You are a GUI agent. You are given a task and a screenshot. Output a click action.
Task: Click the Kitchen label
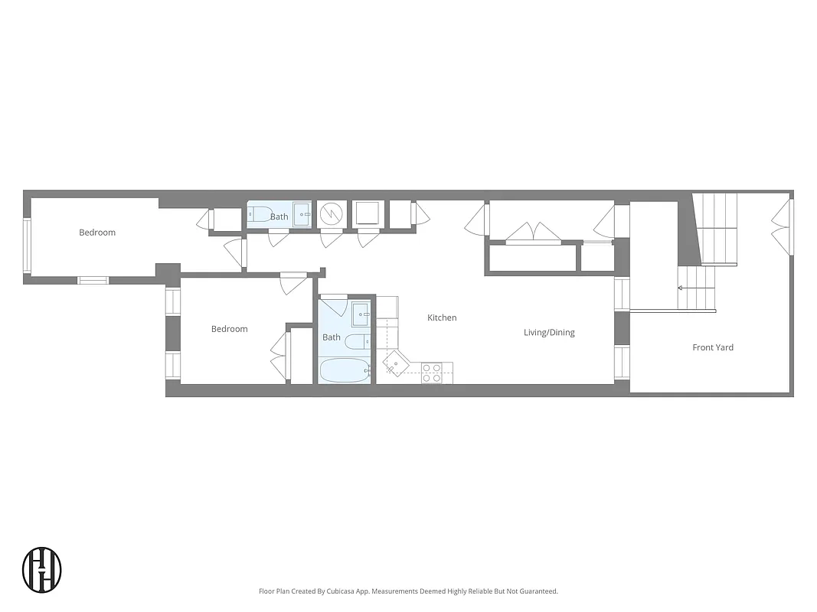(x=442, y=317)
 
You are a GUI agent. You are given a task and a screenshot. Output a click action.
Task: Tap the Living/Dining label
(x=549, y=333)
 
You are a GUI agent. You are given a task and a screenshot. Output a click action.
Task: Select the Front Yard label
(x=713, y=347)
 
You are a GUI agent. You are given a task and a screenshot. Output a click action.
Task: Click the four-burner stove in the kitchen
(x=432, y=373)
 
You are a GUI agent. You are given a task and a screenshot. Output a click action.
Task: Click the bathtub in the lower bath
(x=344, y=372)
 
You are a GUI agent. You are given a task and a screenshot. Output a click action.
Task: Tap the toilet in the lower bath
(x=356, y=341)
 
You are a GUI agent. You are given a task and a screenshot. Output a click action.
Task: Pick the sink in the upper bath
(x=302, y=215)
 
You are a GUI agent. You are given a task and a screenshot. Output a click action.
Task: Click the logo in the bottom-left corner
(x=42, y=569)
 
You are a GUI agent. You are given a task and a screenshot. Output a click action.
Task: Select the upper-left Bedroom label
(x=97, y=233)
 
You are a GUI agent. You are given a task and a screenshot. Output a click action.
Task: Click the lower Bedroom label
(x=230, y=329)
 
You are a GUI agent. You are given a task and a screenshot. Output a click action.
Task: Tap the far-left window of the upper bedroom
(x=27, y=246)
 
